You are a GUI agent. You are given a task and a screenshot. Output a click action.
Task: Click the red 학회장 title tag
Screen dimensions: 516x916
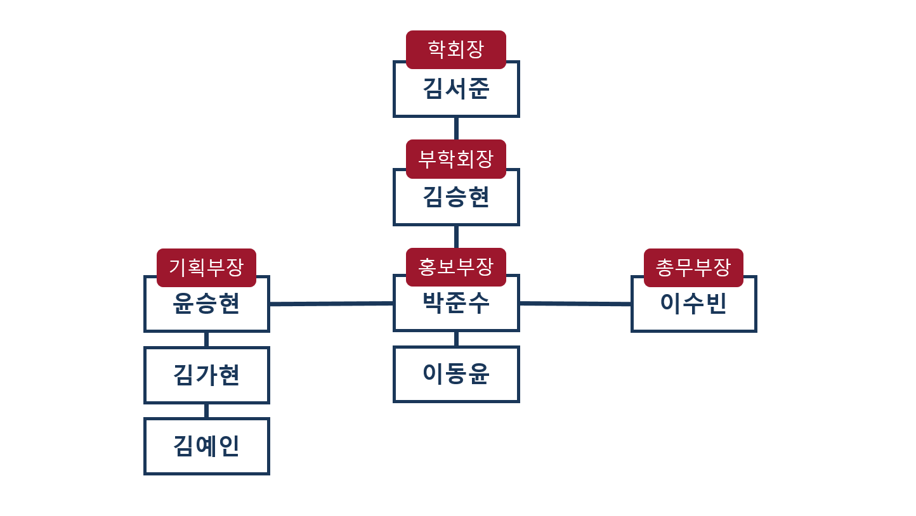456,49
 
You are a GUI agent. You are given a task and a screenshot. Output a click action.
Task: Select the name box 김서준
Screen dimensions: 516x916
456,93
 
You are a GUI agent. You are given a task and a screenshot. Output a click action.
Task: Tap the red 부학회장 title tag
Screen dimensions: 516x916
456,158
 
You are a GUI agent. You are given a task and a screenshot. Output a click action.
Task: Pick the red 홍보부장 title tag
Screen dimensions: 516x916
456,267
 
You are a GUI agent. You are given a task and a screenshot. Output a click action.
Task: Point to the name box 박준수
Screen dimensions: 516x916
456,307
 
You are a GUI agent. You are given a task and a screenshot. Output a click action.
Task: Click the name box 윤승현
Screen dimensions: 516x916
207,308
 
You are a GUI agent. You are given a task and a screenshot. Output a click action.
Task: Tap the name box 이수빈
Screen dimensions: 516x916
694,308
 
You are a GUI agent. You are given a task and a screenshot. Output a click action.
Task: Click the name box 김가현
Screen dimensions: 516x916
207,375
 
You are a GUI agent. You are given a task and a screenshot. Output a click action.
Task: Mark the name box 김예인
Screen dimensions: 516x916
207,446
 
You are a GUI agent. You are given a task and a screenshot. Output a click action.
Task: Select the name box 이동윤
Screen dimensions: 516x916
456,375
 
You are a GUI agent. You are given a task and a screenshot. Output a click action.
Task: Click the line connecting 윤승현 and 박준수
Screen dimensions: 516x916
331,304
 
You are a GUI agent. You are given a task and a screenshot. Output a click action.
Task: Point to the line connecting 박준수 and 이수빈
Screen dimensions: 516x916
575,304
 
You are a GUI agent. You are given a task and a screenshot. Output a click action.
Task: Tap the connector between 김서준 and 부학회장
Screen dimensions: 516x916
456,128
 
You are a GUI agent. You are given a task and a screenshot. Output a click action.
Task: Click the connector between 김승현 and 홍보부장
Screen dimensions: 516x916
456,236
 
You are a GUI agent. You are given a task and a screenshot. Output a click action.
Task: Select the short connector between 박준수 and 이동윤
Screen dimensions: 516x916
456,339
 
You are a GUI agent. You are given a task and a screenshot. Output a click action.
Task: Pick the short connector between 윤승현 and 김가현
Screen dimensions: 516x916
207,339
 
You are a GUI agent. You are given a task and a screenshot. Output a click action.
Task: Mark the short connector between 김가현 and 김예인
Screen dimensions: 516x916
207,410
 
